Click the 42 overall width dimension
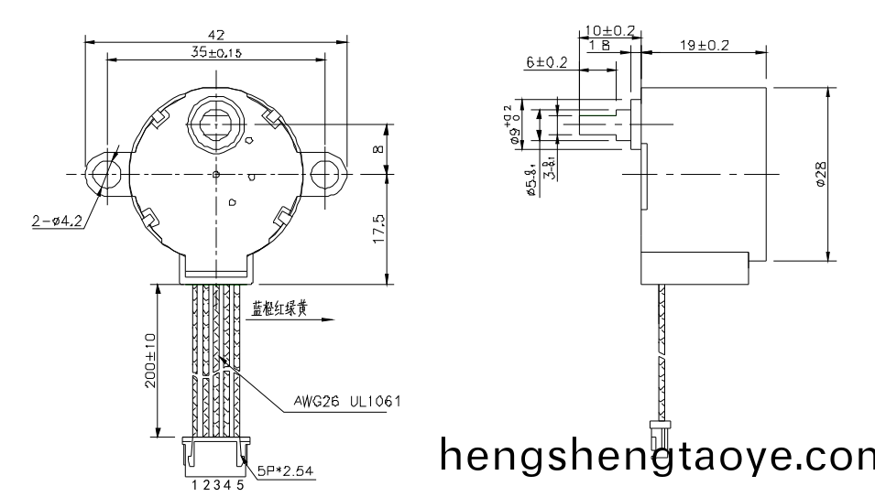point(216,35)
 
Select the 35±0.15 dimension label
point(216,53)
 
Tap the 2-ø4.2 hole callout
point(55,220)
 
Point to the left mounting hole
point(102,173)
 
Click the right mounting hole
point(326,173)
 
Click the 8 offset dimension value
point(378,147)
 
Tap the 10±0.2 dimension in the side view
point(610,31)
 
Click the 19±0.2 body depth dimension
point(704,46)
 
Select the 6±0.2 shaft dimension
point(547,62)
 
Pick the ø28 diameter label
point(821,174)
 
